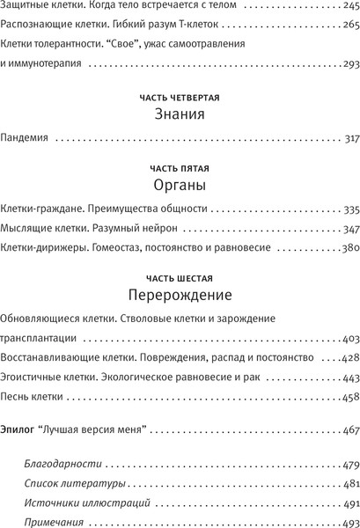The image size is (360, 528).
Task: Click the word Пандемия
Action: click(x=27, y=138)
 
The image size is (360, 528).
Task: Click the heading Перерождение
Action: click(x=180, y=295)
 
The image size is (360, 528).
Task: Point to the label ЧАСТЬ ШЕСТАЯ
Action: click(x=180, y=276)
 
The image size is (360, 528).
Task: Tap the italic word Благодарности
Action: click(x=59, y=463)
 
